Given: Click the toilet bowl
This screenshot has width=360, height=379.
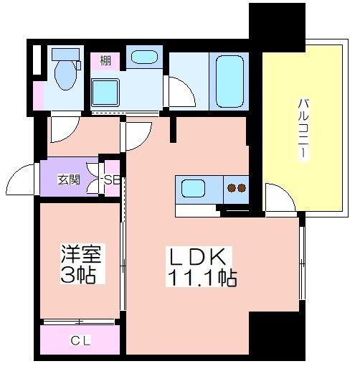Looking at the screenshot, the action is pos(65,75).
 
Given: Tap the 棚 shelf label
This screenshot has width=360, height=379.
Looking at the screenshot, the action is pos(105,60).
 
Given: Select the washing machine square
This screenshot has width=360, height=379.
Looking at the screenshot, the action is pos(105,93).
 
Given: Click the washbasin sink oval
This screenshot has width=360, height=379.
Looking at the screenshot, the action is pos(144,57).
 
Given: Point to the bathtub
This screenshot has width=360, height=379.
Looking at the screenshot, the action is pos(229,81).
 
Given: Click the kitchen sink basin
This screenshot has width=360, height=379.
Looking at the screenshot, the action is pos(193,188).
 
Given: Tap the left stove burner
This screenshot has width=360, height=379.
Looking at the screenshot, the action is pos(232,188).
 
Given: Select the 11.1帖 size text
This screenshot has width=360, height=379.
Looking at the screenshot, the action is pos(202,278).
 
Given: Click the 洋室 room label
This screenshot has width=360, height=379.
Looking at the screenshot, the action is pos(81,253).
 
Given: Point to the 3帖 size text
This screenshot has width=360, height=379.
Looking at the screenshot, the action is pos(77,275).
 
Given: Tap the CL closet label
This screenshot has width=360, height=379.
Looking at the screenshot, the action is pos(80,340).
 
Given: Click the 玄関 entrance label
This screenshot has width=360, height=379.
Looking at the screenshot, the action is pos(69,180).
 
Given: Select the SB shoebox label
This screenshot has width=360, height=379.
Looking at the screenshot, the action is pos(112,180).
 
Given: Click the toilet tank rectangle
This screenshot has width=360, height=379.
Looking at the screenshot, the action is pos(66,55).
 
